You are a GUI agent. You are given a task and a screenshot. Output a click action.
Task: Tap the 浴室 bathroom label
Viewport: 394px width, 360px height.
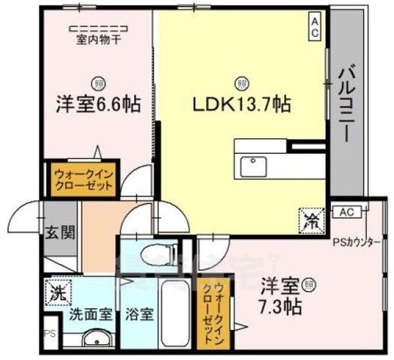(139, 313)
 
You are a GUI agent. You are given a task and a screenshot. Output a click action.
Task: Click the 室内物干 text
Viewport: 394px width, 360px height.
(98, 40)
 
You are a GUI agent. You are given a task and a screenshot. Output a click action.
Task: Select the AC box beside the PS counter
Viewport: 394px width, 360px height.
(346, 212)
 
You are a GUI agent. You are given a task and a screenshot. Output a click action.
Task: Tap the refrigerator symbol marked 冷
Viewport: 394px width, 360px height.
(311, 219)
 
